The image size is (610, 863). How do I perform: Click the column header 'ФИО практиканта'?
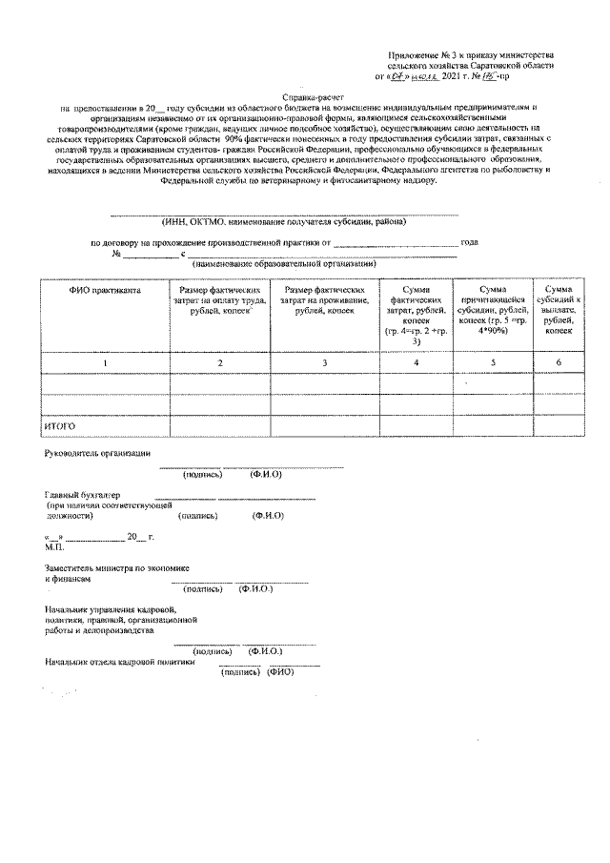pyautogui.click(x=105, y=289)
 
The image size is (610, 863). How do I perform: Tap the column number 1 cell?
pyautogui.click(x=105, y=363)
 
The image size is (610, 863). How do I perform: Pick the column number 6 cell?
pyautogui.click(x=558, y=363)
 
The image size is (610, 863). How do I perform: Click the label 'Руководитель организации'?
pyautogui.click(x=96, y=452)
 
